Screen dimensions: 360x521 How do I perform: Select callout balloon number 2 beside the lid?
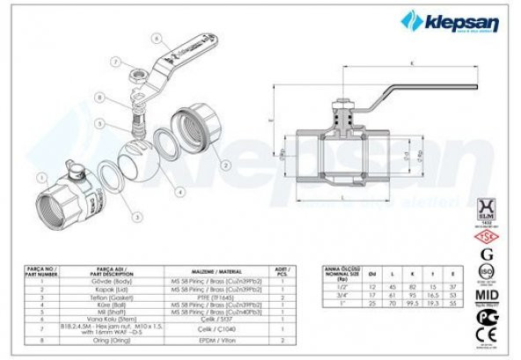tap(225, 164)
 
